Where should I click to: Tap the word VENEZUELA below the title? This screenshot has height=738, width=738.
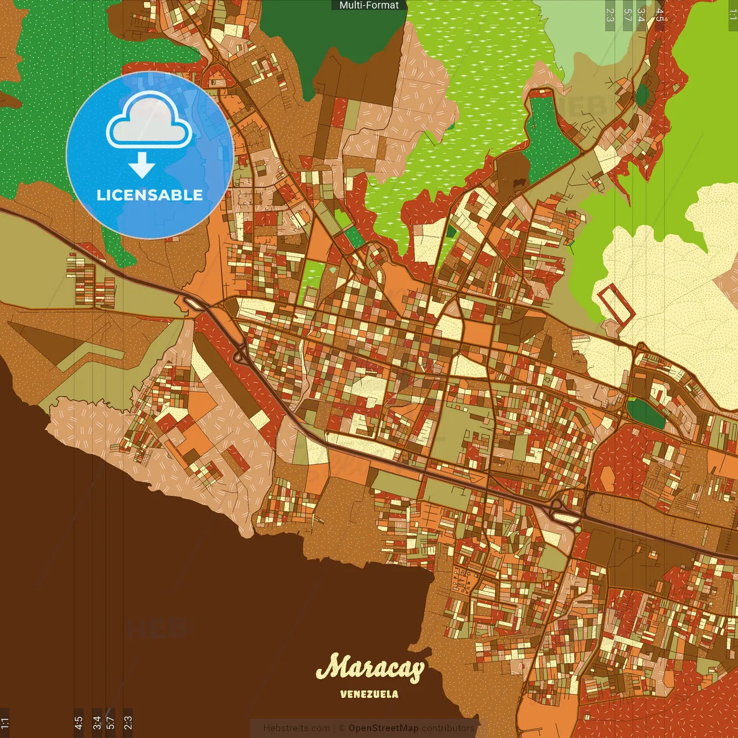(x=369, y=694)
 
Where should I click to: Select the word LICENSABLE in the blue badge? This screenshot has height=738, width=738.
(x=149, y=195)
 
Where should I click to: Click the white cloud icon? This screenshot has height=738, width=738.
(x=149, y=123)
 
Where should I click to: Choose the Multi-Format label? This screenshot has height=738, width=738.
(x=369, y=5)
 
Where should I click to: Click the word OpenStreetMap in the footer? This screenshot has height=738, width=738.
(x=383, y=728)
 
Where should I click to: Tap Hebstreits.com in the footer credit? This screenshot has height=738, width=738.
(x=296, y=728)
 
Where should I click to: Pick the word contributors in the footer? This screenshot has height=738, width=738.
(x=447, y=728)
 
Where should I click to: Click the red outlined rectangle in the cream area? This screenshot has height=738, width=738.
(x=616, y=304)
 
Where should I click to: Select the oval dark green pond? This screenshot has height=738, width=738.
(x=646, y=413)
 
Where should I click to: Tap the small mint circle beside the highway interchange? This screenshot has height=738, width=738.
(x=578, y=529)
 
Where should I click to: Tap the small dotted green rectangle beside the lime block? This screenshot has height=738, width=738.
(x=354, y=237)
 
